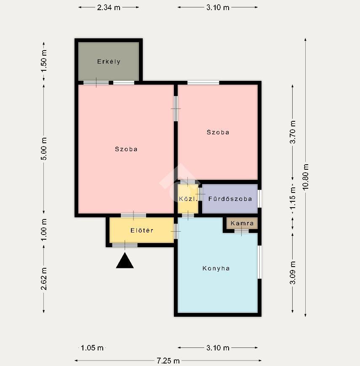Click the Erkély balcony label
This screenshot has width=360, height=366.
(x=109, y=61)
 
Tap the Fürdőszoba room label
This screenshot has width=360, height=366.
(x=230, y=199)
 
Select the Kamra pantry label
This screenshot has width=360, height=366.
(x=242, y=223)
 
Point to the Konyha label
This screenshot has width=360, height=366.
(x=216, y=268)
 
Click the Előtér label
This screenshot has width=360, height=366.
(x=142, y=230)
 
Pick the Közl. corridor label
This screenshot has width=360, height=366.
(x=188, y=199)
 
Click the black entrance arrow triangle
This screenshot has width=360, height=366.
(x=125, y=260)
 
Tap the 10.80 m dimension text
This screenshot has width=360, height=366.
(x=305, y=177)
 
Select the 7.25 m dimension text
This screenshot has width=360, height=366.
(x=168, y=361)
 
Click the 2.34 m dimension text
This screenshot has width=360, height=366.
(x=109, y=8)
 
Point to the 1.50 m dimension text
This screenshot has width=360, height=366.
(x=44, y=61)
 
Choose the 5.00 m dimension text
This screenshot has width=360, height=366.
(x=44, y=149)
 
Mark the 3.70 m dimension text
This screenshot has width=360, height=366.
(x=293, y=132)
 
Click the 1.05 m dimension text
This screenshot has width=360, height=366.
(x=92, y=348)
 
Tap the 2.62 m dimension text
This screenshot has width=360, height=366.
(x=44, y=279)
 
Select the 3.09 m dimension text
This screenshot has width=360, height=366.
(x=293, y=273)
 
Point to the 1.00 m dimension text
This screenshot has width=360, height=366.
(x=44, y=230)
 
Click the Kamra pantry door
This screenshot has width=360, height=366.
(x=242, y=231)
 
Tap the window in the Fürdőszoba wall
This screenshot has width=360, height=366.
(x=259, y=199)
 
